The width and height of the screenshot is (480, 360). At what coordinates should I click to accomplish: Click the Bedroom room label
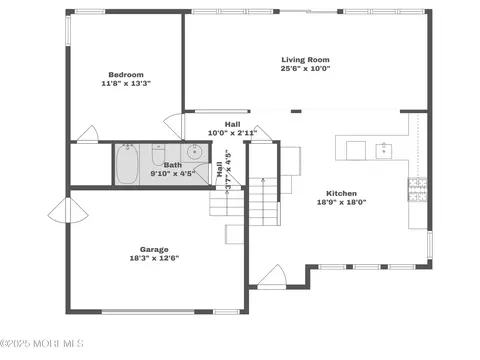point(126,75)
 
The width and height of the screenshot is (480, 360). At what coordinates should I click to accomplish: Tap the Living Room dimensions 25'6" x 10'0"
point(305,69)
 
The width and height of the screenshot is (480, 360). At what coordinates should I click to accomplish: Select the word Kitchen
point(341,193)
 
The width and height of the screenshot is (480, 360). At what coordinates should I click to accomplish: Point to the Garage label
point(154,249)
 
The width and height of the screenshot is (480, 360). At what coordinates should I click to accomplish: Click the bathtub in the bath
point(127,164)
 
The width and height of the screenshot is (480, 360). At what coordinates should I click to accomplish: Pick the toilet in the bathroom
point(158,155)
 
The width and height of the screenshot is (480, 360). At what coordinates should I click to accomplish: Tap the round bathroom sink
point(194,152)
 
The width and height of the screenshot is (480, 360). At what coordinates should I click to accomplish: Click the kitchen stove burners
point(418,189)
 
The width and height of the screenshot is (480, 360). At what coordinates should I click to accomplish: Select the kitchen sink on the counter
point(384,151)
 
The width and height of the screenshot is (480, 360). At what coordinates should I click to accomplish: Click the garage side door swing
point(68,211)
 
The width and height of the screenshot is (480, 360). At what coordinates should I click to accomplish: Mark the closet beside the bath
point(91,164)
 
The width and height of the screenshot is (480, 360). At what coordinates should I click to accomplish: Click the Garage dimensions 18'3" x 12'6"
point(154,258)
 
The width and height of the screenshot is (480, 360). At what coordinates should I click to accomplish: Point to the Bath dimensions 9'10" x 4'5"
point(173,173)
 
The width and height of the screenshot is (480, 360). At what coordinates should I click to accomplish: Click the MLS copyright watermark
point(42,343)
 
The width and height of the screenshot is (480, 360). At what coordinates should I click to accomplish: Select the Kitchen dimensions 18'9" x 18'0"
point(341,202)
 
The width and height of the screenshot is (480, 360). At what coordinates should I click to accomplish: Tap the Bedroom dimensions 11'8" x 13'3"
point(126,83)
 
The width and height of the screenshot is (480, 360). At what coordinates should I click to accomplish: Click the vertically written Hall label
point(220,169)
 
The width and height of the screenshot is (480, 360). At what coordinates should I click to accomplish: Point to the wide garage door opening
point(148,312)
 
